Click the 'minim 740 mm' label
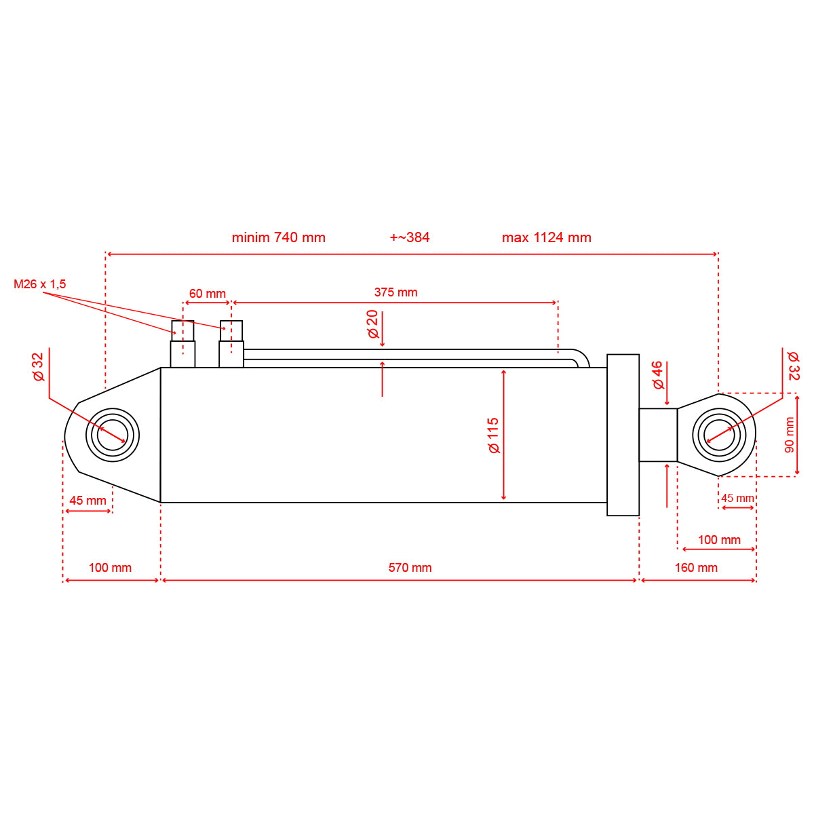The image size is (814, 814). point(278,237)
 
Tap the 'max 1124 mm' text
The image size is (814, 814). point(546,237)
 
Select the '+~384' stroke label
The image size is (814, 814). point(409,237)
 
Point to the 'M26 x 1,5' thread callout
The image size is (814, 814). point(40,284)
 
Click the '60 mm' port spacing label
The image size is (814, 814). point(207,294)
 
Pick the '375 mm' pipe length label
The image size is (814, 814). point(395,292)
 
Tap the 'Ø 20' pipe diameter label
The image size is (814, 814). point(372,324)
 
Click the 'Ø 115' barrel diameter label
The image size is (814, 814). point(493,435)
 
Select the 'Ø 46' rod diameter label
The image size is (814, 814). point(657,375)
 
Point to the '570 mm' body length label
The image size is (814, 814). point(410,568)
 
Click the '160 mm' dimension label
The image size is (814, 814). point(696,568)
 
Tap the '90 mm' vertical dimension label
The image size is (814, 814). point(789,435)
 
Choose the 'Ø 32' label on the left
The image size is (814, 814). point(38,366)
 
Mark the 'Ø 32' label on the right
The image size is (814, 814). point(793,365)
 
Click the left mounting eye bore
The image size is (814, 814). point(112,435)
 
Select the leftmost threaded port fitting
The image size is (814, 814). point(182,345)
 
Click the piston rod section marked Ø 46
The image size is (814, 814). point(658,435)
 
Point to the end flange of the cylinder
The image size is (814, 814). point(623,435)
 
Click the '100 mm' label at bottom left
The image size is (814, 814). point(110,568)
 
